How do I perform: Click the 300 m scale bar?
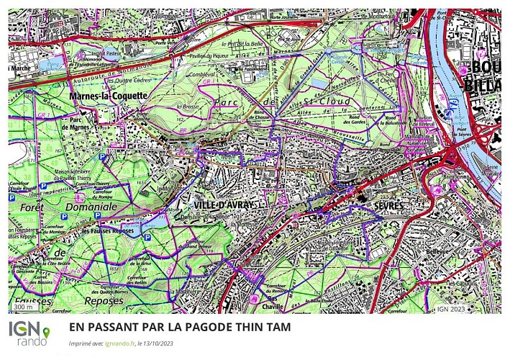click(x=24, y=307)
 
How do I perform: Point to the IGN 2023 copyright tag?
click(x=451, y=309)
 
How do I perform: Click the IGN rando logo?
click(x=29, y=333)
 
